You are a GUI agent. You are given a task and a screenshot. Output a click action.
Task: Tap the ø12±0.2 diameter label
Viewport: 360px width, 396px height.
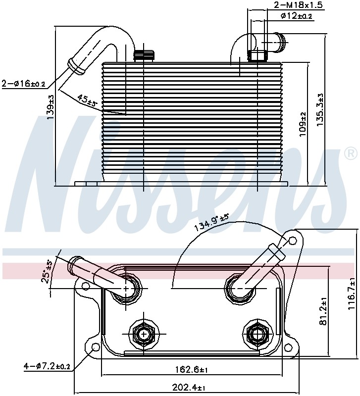coord(297,16)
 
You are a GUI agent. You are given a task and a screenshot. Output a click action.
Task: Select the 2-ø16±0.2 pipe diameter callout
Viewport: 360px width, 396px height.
coord(23,84)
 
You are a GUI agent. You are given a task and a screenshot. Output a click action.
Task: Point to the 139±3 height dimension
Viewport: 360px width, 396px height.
coord(51,107)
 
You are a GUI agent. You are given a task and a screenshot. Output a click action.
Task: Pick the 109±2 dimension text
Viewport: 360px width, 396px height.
coord(303,125)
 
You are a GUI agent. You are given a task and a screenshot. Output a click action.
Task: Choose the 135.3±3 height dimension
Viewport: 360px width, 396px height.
coord(320,110)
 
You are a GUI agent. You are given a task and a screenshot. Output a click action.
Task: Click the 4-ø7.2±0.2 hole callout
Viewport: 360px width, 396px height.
coord(47,366)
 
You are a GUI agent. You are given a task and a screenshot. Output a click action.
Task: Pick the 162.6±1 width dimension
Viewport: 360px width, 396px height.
coord(192,370)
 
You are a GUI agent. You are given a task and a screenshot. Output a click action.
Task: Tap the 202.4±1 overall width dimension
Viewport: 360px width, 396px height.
coord(189,388)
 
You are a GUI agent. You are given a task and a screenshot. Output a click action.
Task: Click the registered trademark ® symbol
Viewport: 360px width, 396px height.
coord(351,153)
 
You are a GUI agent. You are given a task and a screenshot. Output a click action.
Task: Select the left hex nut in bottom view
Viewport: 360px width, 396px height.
coord(144,335)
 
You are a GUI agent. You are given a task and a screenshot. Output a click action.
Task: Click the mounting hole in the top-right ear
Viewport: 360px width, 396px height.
coord(292,241)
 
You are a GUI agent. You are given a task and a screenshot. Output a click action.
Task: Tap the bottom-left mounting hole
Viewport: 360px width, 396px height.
coord(96,347)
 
